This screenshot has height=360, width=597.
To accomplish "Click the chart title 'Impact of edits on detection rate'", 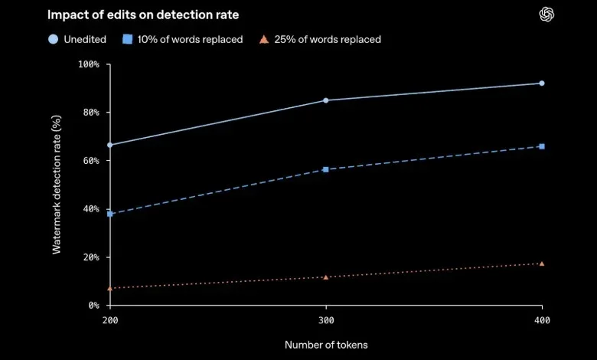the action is [143, 15].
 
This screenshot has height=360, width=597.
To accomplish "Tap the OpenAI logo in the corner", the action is [546, 15].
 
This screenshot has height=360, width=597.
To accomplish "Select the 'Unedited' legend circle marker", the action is [54, 39].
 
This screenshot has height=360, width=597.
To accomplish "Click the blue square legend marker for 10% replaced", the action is [128, 39].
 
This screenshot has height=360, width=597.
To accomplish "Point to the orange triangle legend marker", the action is [264, 40].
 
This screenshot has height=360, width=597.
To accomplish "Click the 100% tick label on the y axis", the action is [88, 64].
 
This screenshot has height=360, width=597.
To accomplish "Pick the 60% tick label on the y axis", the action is [91, 161].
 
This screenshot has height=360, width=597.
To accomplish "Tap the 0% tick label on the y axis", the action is [93, 306].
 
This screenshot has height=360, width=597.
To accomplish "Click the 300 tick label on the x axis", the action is [326, 320].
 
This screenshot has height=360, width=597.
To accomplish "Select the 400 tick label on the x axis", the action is [542, 320].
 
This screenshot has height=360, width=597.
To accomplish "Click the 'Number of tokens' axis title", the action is [326, 345].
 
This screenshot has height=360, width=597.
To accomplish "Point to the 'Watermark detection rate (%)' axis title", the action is [57, 185].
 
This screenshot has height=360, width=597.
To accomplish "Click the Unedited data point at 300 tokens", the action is [326, 100].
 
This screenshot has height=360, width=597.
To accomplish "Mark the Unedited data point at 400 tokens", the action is [542, 83].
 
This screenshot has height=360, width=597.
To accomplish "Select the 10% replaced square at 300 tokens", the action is [326, 169].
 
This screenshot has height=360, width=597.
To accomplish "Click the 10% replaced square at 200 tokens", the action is [110, 214].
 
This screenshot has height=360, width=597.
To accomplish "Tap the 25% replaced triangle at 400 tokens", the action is [542, 263].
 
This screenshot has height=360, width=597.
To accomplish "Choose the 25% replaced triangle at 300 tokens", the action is [326, 277].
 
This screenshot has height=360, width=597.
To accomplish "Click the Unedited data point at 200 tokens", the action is [110, 145].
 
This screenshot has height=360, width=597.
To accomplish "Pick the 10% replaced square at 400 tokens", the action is [542, 146].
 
